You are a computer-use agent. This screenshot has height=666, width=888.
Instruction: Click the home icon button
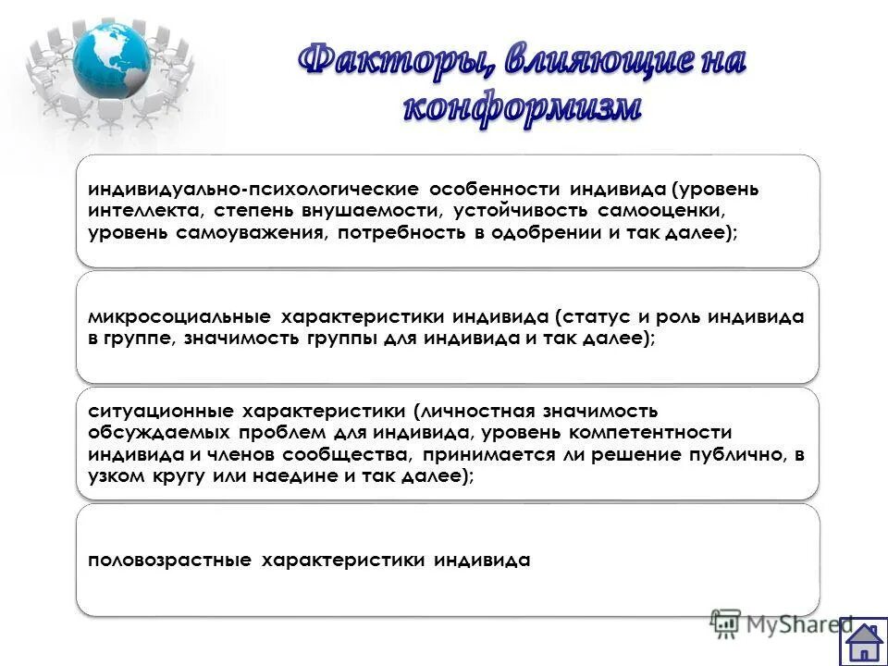click(863, 641)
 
